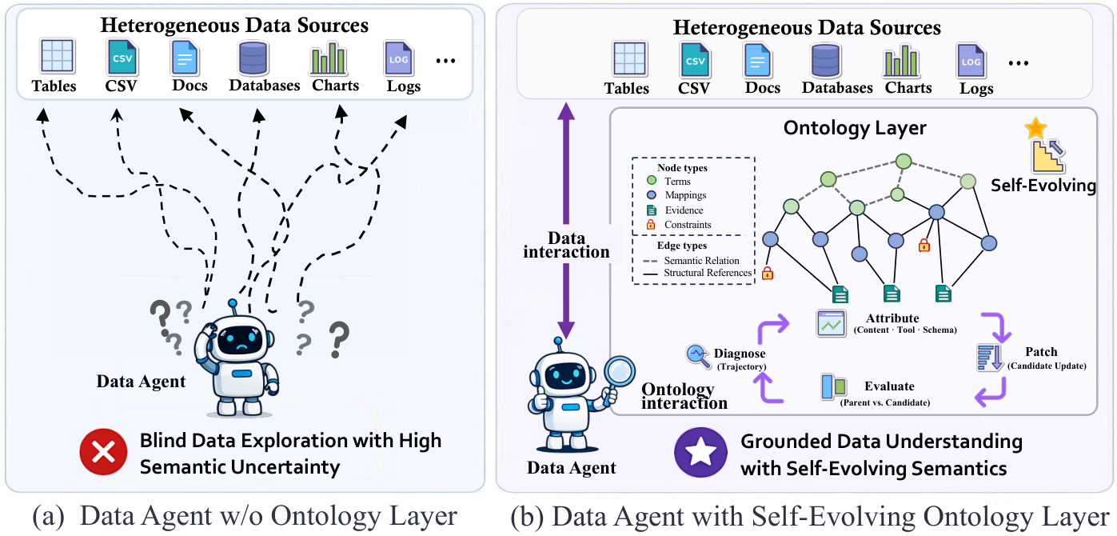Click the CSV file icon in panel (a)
(122, 58)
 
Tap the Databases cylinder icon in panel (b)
(825, 61)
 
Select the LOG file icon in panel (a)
(398, 59)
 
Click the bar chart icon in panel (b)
(900, 61)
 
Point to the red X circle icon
(103, 452)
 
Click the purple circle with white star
(700, 452)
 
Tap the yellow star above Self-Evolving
(1035, 128)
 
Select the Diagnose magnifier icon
(698, 356)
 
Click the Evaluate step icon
(833, 386)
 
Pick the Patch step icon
(989, 358)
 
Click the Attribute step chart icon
(831, 323)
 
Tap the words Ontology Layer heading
(855, 128)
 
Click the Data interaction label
(566, 245)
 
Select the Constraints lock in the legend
(651, 225)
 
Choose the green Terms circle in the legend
(652, 181)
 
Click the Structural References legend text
(708, 273)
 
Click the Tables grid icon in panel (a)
(57, 56)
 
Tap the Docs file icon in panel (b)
(757, 61)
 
